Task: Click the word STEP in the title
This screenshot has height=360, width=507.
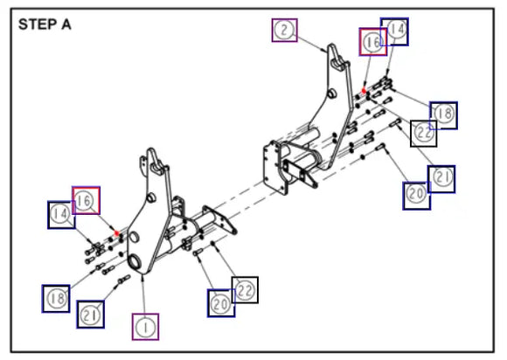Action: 38,24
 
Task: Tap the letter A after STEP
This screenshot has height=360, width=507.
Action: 66,24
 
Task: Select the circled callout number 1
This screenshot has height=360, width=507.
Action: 145,327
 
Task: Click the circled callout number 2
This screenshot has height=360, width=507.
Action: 285,30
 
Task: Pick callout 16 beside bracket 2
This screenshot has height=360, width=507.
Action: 372,42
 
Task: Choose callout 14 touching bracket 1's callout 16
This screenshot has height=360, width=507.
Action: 61,215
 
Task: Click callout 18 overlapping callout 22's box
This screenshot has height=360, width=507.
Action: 444,115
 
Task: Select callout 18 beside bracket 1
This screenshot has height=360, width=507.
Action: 56,299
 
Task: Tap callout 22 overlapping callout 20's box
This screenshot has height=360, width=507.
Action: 245,290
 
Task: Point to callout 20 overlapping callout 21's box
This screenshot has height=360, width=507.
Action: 416,196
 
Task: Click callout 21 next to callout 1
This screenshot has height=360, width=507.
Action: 90,315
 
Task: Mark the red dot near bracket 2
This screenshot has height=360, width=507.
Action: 364,91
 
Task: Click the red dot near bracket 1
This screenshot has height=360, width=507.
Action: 117,233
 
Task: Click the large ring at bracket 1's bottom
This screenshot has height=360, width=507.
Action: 135,261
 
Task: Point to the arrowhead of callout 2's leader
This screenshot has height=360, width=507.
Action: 324,51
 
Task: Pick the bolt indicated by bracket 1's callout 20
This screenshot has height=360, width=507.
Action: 198,252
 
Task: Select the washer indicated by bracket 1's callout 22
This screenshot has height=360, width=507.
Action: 212,243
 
